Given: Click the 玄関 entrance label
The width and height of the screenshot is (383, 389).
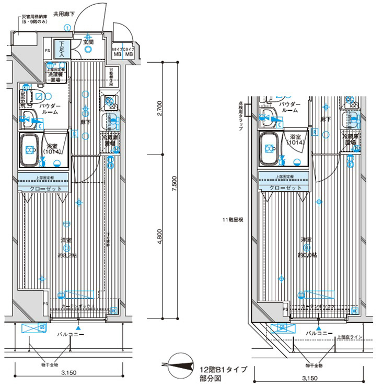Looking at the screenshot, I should pos(88,42).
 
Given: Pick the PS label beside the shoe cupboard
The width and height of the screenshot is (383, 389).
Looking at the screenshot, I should pos(47,51).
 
